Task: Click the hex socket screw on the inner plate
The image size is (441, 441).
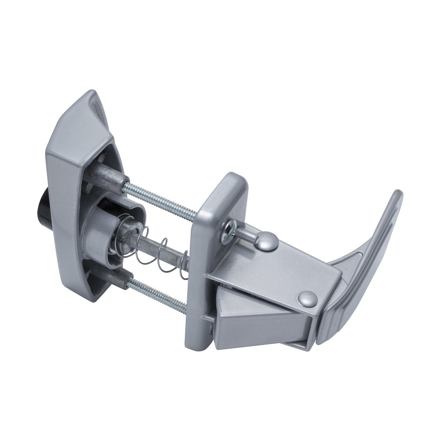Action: pos(229,231)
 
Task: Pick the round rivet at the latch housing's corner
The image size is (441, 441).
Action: pos(307,299)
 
